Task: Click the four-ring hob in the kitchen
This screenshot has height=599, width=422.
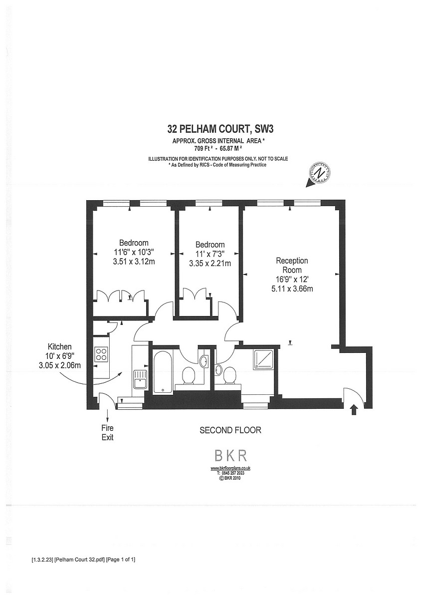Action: [x=101, y=354]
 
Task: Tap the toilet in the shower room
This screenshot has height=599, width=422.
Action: [x=230, y=376]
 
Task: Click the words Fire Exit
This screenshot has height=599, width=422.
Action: [x=108, y=433]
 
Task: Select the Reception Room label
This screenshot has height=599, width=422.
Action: [x=292, y=265]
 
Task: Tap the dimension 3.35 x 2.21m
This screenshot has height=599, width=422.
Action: [x=210, y=263]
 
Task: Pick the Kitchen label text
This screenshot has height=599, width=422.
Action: [x=60, y=346]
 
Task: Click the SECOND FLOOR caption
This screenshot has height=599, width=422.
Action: [x=230, y=430]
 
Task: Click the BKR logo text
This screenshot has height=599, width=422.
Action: [x=230, y=455]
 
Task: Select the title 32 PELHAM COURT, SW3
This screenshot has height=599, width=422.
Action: [x=220, y=129]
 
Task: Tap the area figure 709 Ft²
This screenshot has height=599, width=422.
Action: [x=204, y=148]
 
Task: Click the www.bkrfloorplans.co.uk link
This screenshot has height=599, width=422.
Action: [x=230, y=468]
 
